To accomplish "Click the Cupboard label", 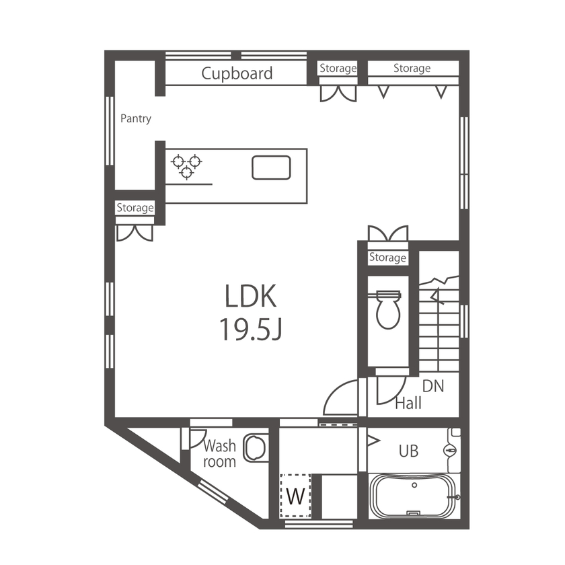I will point(237,73).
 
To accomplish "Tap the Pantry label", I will point(136,118).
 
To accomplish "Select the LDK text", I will point(250,297).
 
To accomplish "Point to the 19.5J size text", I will point(250,330).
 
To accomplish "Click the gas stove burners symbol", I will point(186,166).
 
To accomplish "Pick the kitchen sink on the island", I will point(271,167).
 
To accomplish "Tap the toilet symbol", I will point(388,309).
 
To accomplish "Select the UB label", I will point(408,451).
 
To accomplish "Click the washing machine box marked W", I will point(295,496).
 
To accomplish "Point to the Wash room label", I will point(220,453).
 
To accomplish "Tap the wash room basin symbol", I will point(256,448).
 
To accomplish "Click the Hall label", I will point(408,404).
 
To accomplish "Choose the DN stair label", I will point(433,387).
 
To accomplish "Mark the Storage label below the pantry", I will point(135,208).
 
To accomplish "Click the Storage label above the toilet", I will point(387,258).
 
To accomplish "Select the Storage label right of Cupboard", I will point(338,68).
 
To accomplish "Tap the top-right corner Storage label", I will point(412,68).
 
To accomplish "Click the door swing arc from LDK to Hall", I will point(340,397).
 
